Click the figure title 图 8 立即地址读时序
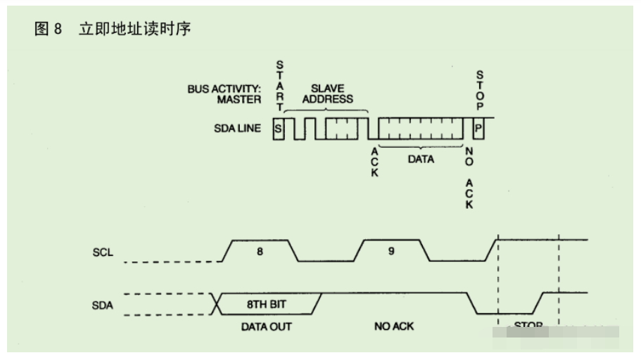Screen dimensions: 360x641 click(113, 30)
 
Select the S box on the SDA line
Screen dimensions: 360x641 click(279, 129)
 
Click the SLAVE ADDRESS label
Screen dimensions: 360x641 click(327, 94)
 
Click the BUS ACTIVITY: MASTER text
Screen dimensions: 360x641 click(224, 94)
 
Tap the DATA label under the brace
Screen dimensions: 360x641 click(421, 160)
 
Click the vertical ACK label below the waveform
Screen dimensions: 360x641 click(374, 162)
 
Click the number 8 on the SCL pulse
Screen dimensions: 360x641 click(260, 251)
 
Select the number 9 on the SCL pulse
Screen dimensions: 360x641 click(391, 251)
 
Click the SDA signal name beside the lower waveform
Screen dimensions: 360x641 click(103, 304)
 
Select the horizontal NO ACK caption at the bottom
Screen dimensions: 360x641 click(393, 327)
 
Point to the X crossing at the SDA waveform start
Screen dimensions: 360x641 click(215, 304)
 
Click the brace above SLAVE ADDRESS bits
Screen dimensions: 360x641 click(325, 110)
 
